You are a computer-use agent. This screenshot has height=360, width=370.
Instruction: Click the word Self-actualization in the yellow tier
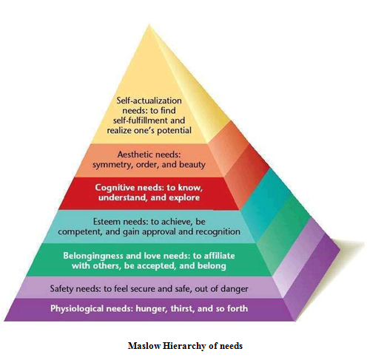click(149, 101)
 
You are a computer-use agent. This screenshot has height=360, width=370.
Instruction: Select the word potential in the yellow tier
click(174, 130)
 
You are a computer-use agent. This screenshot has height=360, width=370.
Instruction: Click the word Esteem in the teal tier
click(107, 222)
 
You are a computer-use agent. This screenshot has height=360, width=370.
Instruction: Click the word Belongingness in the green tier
click(93, 256)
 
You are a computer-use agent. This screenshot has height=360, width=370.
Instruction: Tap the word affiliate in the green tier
click(219, 256)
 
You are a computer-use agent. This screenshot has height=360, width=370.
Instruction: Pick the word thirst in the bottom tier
click(182, 309)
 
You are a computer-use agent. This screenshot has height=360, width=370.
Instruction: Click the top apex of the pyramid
click(149, 24)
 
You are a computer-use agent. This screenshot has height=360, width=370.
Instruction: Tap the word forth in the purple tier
click(238, 308)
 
